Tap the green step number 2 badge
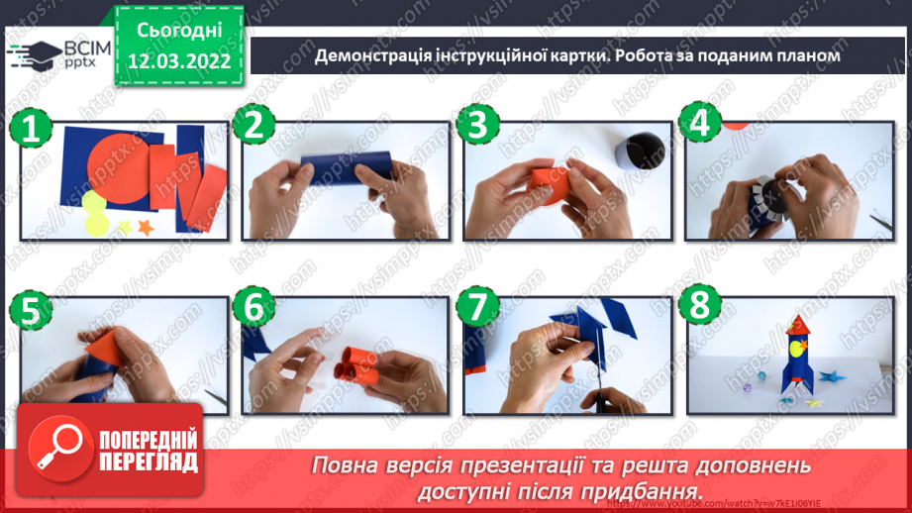tap(257, 128)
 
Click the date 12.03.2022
tap(179, 60)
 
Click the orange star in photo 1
tap(146, 228)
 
